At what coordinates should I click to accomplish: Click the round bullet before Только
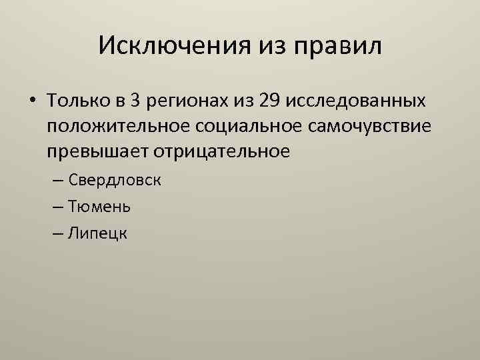[x=32, y=102]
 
